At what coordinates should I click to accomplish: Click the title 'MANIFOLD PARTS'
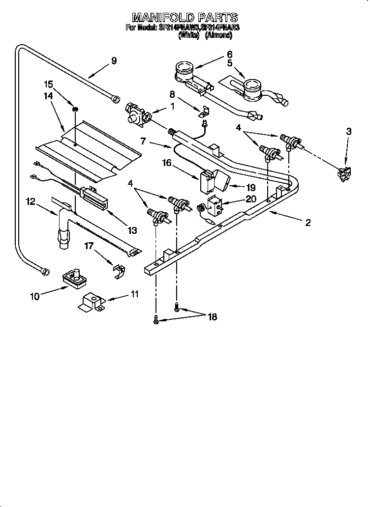[185, 19]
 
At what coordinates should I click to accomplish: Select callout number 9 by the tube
[114, 61]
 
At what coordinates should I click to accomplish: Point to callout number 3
[349, 132]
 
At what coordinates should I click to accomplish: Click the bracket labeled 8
[203, 112]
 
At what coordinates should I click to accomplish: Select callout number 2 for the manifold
[308, 223]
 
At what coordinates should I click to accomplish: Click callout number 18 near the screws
[212, 317]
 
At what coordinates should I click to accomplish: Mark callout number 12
[30, 201]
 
